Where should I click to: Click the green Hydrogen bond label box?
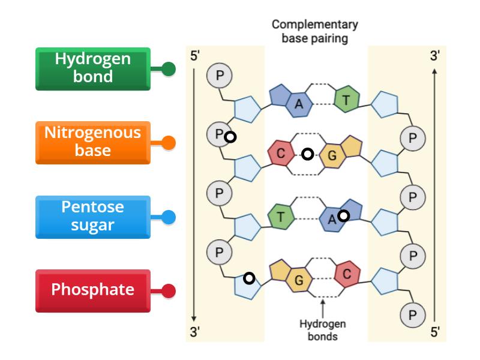click(x=92, y=68)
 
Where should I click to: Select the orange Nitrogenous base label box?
click(x=92, y=142)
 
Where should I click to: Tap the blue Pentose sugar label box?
click(x=92, y=216)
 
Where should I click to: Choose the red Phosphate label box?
click(x=92, y=290)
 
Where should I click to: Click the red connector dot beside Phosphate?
click(x=169, y=292)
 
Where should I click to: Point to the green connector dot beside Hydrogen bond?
click(x=169, y=69)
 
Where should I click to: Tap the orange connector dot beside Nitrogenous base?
click(x=169, y=143)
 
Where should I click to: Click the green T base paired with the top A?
click(x=346, y=100)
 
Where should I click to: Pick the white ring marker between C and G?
click(x=307, y=155)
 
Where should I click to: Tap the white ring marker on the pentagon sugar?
click(x=249, y=278)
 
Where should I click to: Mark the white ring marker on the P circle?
click(x=229, y=137)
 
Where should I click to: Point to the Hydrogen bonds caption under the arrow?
click(x=322, y=330)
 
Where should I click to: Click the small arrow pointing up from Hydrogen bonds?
click(x=323, y=308)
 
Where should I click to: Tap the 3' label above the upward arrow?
click(x=435, y=56)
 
